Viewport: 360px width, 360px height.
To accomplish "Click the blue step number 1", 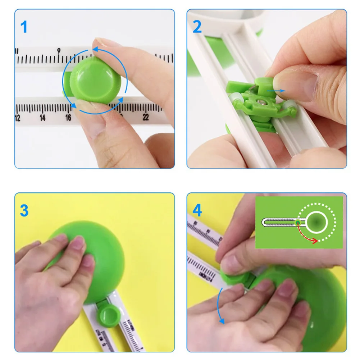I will point(24,27).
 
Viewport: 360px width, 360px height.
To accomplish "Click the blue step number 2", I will point(197,27).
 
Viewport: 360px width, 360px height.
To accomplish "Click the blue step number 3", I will point(24,211).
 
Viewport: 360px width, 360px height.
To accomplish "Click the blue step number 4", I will point(197,211).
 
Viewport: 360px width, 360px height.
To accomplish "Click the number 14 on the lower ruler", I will point(42,118).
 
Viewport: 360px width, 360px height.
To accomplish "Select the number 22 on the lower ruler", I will point(146,117).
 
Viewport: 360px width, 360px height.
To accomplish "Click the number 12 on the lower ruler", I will point(18,118).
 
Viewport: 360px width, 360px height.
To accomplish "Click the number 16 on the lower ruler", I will point(68,118).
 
